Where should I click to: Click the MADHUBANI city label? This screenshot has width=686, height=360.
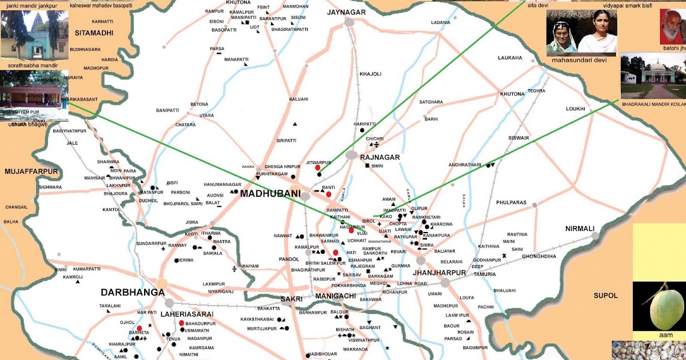point(270,194)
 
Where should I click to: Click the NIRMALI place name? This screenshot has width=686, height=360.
point(580,229)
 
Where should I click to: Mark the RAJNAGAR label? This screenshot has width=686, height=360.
point(380,157)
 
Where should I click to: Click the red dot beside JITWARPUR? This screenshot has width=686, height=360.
point(318,168)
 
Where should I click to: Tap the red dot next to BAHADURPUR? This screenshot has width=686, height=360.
point(181,323)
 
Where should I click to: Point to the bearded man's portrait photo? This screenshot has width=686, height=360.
point(672,27)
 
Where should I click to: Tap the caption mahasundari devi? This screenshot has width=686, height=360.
point(575,59)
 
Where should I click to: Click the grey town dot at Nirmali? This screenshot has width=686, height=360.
point(595,235)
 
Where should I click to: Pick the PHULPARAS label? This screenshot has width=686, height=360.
point(511,202)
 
